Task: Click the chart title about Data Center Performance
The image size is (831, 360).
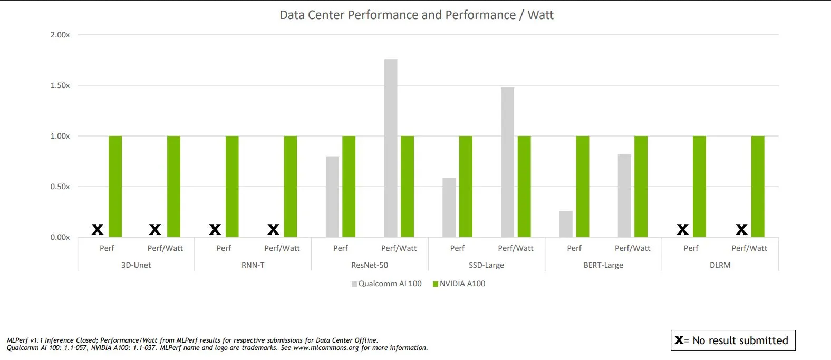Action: (416, 15)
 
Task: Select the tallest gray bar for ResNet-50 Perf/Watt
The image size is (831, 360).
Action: (391, 148)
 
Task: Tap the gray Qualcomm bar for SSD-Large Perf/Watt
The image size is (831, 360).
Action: (507, 162)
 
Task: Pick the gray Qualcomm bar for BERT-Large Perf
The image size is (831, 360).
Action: (566, 224)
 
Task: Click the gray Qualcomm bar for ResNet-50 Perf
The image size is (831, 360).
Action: (332, 197)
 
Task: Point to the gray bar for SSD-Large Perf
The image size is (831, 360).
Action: (449, 207)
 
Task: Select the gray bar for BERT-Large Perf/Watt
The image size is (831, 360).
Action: (624, 196)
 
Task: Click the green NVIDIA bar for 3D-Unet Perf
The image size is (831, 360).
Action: (115, 187)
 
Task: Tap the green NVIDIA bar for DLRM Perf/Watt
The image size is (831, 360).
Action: (758, 187)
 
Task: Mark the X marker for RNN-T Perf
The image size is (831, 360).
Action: (215, 230)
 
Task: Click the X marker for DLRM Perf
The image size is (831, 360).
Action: (682, 230)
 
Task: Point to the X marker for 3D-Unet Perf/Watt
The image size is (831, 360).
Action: (154, 230)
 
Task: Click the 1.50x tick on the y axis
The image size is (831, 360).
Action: (60, 85)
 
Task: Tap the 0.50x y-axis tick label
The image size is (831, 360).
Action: (60, 187)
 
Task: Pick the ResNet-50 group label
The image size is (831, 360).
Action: (370, 265)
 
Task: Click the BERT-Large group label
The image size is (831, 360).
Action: (603, 265)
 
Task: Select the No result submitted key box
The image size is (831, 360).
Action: (732, 340)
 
